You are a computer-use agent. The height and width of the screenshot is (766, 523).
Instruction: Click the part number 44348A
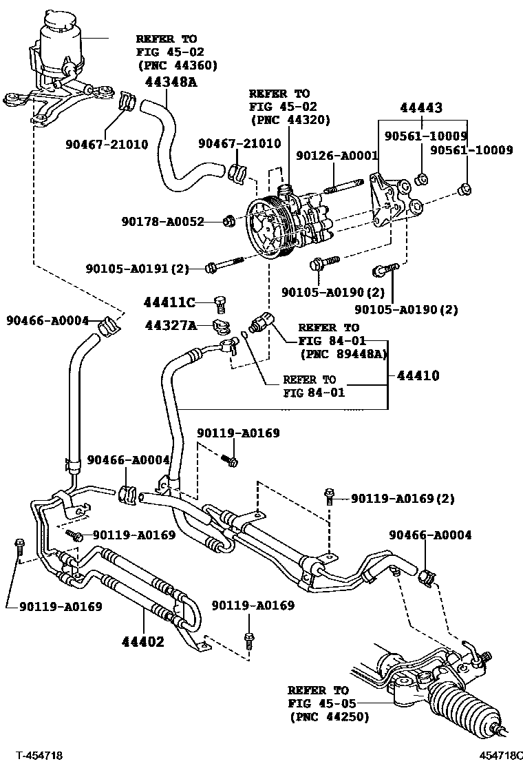(171, 83)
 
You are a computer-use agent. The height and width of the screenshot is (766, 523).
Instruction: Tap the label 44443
(420, 107)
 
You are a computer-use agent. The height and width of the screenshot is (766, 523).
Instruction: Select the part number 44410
(417, 376)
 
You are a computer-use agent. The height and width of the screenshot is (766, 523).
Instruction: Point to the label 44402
(142, 642)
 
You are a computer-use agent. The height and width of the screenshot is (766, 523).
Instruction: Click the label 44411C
(169, 302)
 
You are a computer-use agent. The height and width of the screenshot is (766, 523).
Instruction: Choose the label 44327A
(169, 324)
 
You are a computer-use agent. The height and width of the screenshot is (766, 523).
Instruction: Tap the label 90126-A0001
(337, 156)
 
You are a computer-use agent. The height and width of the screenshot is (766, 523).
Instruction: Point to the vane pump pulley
(264, 225)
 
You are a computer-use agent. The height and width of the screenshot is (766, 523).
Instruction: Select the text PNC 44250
(330, 717)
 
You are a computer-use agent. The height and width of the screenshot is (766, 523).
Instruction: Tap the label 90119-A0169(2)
(403, 498)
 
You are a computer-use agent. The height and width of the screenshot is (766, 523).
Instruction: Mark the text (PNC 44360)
(178, 65)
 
